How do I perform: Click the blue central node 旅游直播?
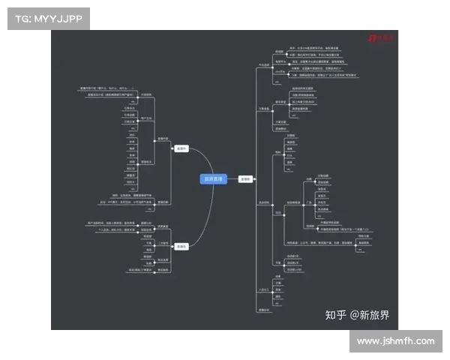click(x=213, y=179)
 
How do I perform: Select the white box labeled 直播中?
click(x=181, y=149)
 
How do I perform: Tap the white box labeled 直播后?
click(x=181, y=246)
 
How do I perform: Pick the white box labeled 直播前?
click(x=245, y=179)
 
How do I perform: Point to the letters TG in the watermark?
click(x=22, y=16)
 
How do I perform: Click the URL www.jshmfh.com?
click(x=395, y=341)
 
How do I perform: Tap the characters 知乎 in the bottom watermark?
click(x=335, y=316)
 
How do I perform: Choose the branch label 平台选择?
click(x=263, y=64)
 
